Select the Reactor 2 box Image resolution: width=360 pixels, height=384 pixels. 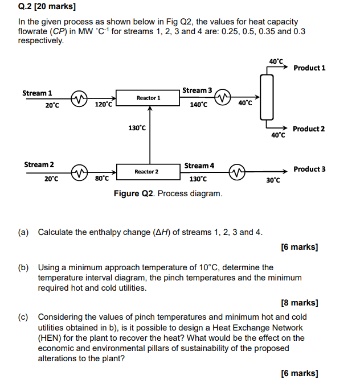click(x=147, y=171)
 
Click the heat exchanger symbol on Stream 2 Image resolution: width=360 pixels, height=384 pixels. click(x=78, y=171)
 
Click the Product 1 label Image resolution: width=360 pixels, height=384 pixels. click(x=309, y=68)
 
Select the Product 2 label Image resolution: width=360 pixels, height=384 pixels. click(x=309, y=129)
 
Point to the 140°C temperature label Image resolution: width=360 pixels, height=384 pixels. click(x=199, y=105)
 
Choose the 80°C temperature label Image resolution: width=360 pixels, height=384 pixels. click(x=102, y=179)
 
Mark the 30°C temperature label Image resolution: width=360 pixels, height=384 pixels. click(x=273, y=180)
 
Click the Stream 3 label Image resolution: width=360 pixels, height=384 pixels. click(x=197, y=90)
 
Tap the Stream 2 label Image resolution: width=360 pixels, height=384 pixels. click(x=39, y=165)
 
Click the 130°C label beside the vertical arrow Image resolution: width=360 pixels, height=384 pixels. click(x=137, y=128)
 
